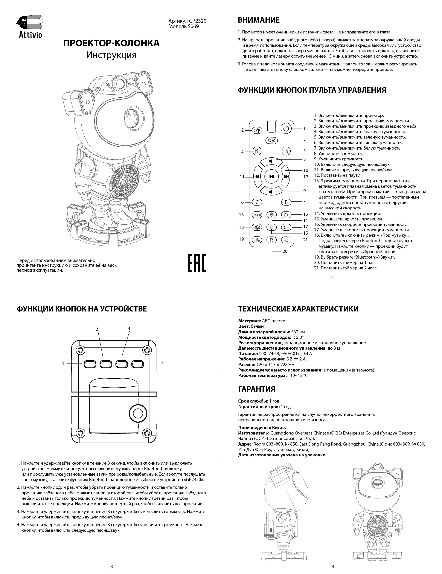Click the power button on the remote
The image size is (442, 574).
pyautogui.click(x=286, y=128)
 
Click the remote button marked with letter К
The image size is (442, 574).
pyautogui.click(x=257, y=151)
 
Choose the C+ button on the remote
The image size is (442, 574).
pyautogui.click(x=286, y=215)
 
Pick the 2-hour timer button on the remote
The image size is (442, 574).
pyautogui.click(x=286, y=240)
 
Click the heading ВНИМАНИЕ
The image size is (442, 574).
pyautogui.click(x=259, y=20)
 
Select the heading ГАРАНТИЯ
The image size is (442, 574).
pyautogui.click(x=257, y=389)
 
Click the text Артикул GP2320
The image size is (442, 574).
pyautogui.click(x=187, y=21)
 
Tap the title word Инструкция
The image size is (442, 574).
pyautogui.click(x=111, y=55)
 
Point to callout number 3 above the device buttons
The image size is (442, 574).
pyautogui.click(x=129, y=329)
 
